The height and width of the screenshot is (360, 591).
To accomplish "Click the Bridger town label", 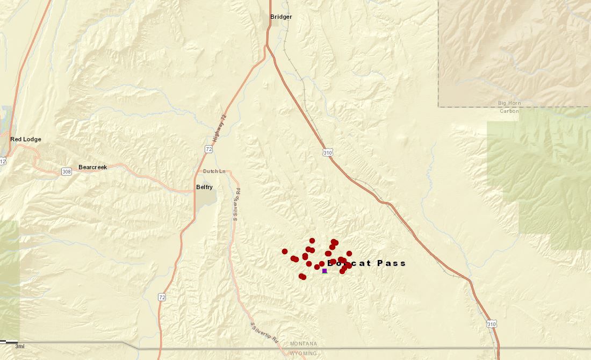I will [281, 17].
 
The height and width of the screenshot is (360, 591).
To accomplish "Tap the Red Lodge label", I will [25, 139].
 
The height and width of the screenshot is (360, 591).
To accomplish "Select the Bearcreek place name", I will [92, 167].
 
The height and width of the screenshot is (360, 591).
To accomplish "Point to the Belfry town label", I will [204, 187].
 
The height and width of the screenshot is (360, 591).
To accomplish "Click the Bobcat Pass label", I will [366, 263].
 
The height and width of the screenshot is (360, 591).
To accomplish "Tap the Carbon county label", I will [509, 111].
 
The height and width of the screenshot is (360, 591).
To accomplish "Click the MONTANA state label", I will [304, 343].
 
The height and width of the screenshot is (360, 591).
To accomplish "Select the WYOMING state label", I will [304, 354].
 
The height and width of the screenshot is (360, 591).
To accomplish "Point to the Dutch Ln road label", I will [213, 171].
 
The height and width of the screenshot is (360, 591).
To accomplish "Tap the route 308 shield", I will [66, 171].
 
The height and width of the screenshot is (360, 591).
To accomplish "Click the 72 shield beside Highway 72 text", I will [208, 148].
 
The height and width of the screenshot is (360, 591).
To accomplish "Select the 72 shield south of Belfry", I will [162, 297].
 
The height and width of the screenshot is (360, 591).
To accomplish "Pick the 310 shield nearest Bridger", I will [328, 153].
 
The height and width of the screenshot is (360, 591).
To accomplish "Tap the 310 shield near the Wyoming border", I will [492, 324].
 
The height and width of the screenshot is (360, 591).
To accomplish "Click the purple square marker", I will [325, 271].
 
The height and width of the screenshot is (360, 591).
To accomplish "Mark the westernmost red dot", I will [285, 251].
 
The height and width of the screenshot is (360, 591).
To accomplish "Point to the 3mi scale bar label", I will [19, 346].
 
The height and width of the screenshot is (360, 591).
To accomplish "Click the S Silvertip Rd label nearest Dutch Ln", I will [236, 204].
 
